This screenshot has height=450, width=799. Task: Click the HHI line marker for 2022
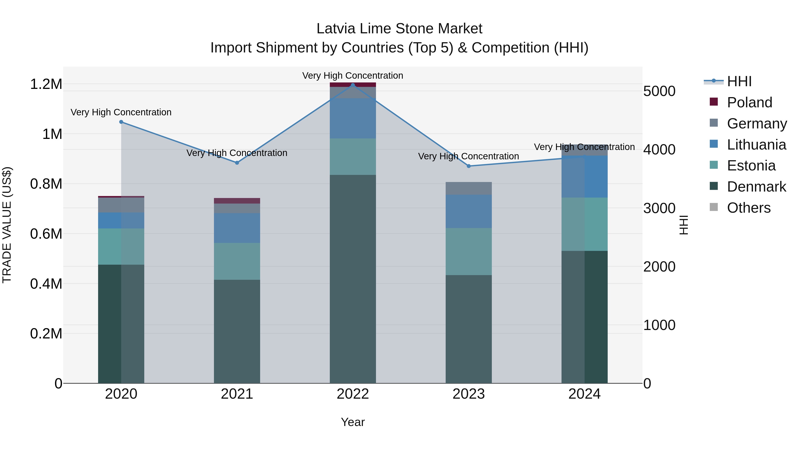pos(353,85)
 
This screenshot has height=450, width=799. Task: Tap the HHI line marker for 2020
pos(121,122)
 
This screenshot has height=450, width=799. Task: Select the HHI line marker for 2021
pos(237,163)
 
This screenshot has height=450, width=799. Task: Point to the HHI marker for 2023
pos(469,166)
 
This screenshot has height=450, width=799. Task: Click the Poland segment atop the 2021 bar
pos(237,201)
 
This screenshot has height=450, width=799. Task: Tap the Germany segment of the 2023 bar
pos(469,188)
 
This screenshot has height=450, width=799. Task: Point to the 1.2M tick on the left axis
pos(46,84)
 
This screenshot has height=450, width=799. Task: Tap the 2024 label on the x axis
pos(584,394)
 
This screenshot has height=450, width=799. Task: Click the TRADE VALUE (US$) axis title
pos(7,225)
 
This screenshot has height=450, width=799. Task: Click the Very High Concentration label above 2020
pos(121,112)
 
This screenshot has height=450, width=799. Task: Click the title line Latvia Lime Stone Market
pos(399,29)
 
